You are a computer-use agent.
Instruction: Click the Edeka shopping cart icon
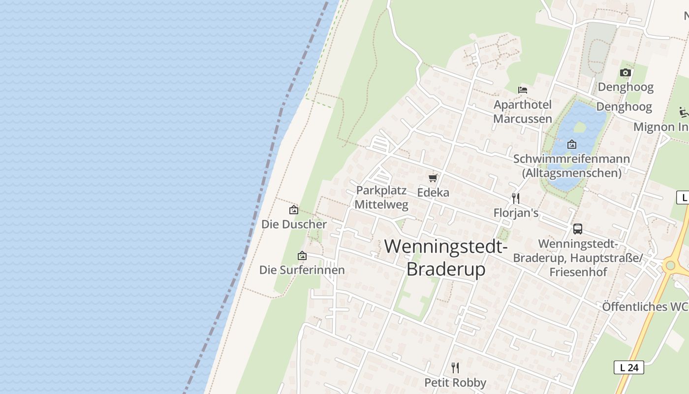(x=433, y=178)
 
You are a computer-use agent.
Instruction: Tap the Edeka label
(x=433, y=193)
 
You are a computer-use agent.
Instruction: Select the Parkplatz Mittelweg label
(x=381, y=197)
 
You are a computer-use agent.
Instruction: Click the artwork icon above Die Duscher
(x=294, y=210)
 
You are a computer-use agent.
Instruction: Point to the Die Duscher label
(x=294, y=225)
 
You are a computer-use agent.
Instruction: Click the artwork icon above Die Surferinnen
(x=302, y=256)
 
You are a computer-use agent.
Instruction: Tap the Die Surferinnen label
(x=302, y=270)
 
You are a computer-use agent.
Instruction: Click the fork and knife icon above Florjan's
(x=516, y=198)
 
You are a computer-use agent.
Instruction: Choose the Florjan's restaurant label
(x=516, y=213)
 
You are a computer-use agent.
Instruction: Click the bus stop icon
(x=578, y=229)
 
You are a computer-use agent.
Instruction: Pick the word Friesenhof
(x=578, y=272)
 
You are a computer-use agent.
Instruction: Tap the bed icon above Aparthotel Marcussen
(x=523, y=90)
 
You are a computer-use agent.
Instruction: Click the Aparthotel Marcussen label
(x=523, y=112)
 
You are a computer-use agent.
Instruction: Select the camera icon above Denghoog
(x=626, y=73)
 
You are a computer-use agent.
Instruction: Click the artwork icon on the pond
(x=572, y=144)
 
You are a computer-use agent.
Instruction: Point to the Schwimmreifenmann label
(x=571, y=159)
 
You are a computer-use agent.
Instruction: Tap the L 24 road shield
(x=629, y=367)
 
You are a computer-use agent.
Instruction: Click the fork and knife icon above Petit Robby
(x=455, y=368)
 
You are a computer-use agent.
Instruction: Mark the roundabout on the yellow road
(x=670, y=266)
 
